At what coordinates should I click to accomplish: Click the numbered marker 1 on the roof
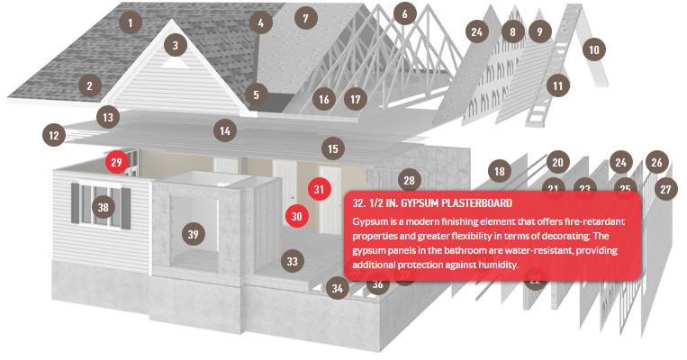(131, 22)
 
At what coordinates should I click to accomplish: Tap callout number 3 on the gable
(176, 45)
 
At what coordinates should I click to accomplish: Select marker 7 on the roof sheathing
(305, 18)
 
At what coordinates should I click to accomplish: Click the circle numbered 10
(594, 49)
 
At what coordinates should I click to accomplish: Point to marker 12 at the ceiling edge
(54, 135)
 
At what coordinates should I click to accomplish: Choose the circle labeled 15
(333, 148)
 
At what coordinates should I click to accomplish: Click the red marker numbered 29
(116, 163)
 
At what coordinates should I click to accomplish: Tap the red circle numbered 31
(319, 189)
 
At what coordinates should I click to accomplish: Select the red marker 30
(296, 216)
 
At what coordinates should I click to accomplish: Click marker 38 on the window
(103, 207)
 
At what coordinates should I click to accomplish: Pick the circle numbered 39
(194, 234)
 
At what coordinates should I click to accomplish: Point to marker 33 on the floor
(293, 261)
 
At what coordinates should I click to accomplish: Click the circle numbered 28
(409, 180)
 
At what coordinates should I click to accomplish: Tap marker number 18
(500, 171)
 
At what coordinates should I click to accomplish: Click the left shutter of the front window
(76, 203)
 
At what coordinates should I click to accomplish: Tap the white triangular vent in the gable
(176, 64)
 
